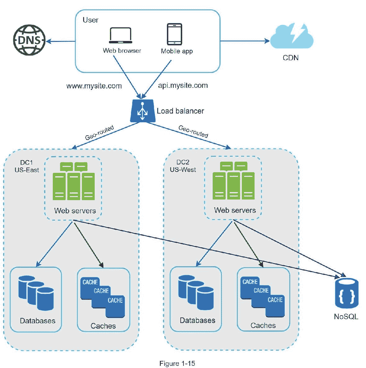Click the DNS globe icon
click(x=29, y=40)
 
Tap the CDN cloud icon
click(x=291, y=36)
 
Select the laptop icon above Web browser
click(x=120, y=35)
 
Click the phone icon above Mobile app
click(x=174, y=34)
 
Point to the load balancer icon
click(x=142, y=111)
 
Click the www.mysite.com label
click(x=94, y=86)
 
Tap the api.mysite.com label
click(x=183, y=85)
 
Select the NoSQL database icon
click(x=346, y=293)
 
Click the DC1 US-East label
click(x=27, y=166)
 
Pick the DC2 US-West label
click(x=183, y=166)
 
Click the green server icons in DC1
click(x=74, y=181)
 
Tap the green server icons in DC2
click(x=233, y=181)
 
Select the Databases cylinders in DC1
click(x=36, y=293)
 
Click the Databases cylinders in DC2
click(x=196, y=292)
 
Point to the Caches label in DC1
click(x=103, y=326)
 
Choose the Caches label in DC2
click(x=263, y=325)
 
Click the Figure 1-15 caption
click(x=177, y=363)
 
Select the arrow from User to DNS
click(x=61, y=42)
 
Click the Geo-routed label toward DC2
click(x=193, y=131)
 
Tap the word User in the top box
click(x=90, y=20)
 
